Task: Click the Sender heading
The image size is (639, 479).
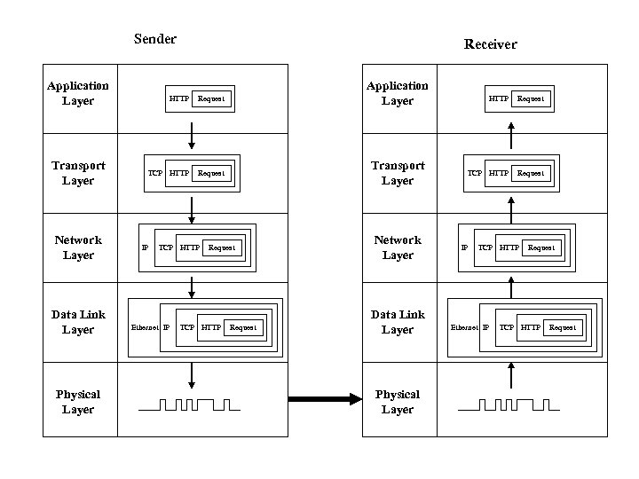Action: point(155,38)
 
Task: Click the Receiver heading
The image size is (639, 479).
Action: point(490,44)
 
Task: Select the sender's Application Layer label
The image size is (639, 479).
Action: point(78,93)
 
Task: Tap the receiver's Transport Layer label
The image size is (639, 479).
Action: point(398,173)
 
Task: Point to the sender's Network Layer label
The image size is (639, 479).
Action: point(78,247)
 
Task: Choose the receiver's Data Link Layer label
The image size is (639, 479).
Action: point(398,322)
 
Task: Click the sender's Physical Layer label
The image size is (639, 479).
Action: point(78,402)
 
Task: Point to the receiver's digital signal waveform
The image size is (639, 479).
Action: point(509,406)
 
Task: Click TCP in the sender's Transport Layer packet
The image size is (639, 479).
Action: point(155,173)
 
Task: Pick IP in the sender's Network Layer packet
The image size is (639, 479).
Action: point(146,247)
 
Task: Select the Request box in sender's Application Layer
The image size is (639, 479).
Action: point(211,98)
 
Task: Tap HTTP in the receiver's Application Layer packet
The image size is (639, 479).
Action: point(499,98)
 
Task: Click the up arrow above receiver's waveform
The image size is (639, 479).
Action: point(511,373)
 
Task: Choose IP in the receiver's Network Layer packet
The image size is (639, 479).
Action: point(464,247)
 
